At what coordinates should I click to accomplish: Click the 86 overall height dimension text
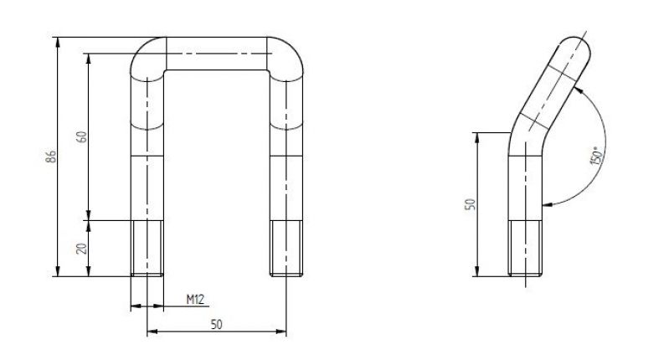pyautogui.click(x=51, y=157)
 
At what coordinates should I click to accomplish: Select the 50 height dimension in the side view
pyautogui.click(x=470, y=203)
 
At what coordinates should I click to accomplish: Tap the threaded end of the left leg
pyautogui.click(x=147, y=248)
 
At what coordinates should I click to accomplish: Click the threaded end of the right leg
pyautogui.click(x=285, y=248)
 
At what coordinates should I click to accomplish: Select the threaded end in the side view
pyautogui.click(x=527, y=248)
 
